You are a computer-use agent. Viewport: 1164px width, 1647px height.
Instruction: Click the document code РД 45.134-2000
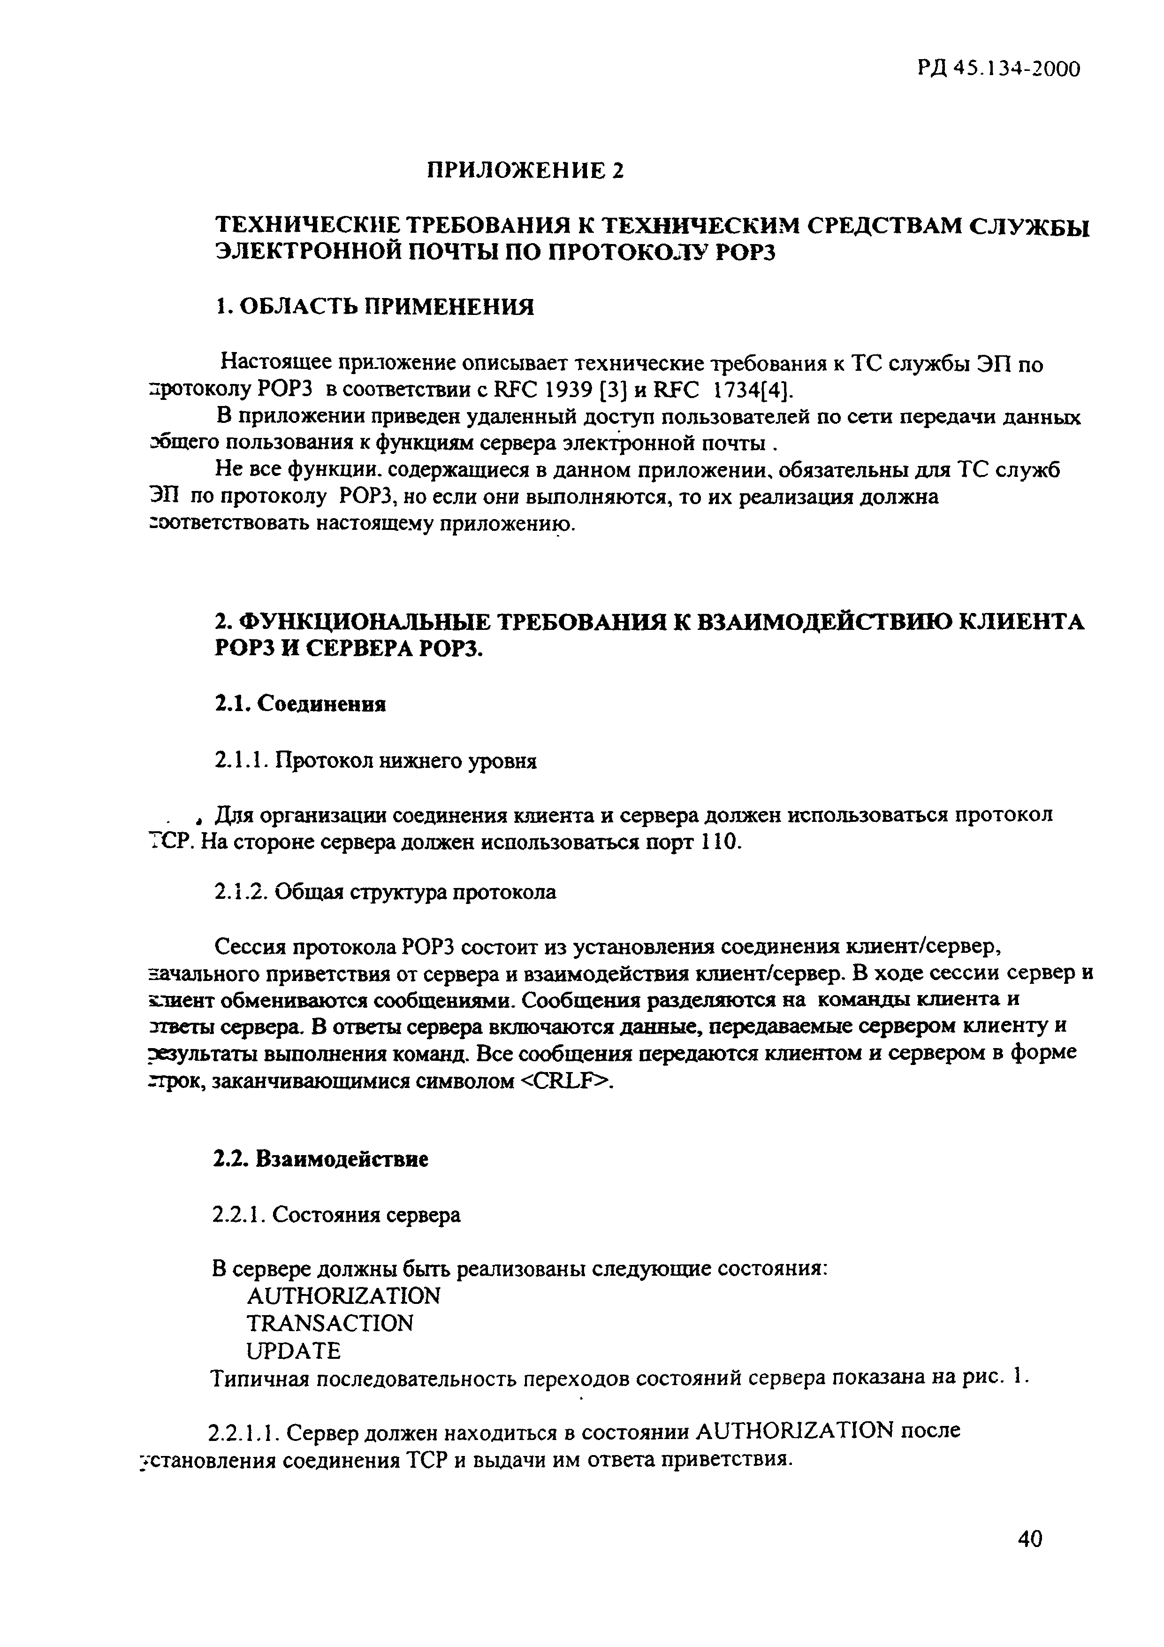pyautogui.click(x=998, y=69)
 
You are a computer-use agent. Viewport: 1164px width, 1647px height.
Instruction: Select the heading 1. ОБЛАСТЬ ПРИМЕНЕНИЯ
pyautogui.click(x=375, y=307)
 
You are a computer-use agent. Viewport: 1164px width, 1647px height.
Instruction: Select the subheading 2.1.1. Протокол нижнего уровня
pyautogui.click(x=375, y=759)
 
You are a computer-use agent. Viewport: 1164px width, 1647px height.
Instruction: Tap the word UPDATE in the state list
pyautogui.click(x=293, y=1351)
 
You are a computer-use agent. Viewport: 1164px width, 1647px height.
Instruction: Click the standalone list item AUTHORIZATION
pyautogui.click(x=343, y=1295)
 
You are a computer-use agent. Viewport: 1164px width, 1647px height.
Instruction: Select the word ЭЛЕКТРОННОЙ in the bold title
pyautogui.click(x=319, y=253)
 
